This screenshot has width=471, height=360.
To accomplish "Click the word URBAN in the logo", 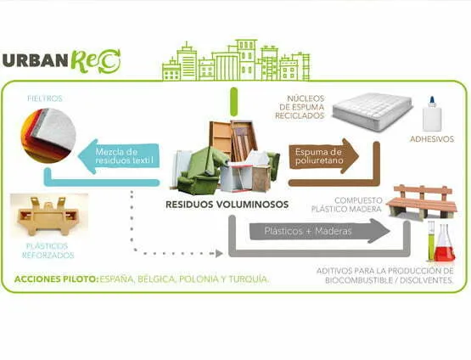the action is [35, 60].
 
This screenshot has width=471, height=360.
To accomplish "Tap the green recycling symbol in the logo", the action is [109, 61].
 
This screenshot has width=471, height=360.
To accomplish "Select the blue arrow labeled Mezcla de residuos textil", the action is [119, 156].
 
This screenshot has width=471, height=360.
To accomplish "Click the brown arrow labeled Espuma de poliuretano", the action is [324, 156].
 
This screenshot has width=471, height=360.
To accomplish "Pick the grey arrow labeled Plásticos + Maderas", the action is [320, 231].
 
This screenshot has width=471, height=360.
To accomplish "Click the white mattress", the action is [373, 111].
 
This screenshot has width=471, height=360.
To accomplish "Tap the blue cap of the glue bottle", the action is [432, 102].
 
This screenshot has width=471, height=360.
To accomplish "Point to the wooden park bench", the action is [422, 202].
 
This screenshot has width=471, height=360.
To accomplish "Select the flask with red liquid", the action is [445, 244].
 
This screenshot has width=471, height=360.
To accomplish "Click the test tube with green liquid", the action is [431, 240].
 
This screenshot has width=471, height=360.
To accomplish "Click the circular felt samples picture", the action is [48, 135].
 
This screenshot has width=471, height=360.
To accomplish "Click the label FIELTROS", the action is [45, 98].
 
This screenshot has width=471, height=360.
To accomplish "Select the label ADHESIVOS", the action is [432, 139].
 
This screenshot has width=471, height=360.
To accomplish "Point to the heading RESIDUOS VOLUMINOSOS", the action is [227, 205].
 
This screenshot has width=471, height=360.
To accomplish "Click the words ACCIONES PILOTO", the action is [57, 279].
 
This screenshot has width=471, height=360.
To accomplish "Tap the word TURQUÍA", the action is [249, 279].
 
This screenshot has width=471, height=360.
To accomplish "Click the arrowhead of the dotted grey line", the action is [219, 254].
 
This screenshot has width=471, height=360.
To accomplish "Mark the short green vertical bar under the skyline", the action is [233, 102].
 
